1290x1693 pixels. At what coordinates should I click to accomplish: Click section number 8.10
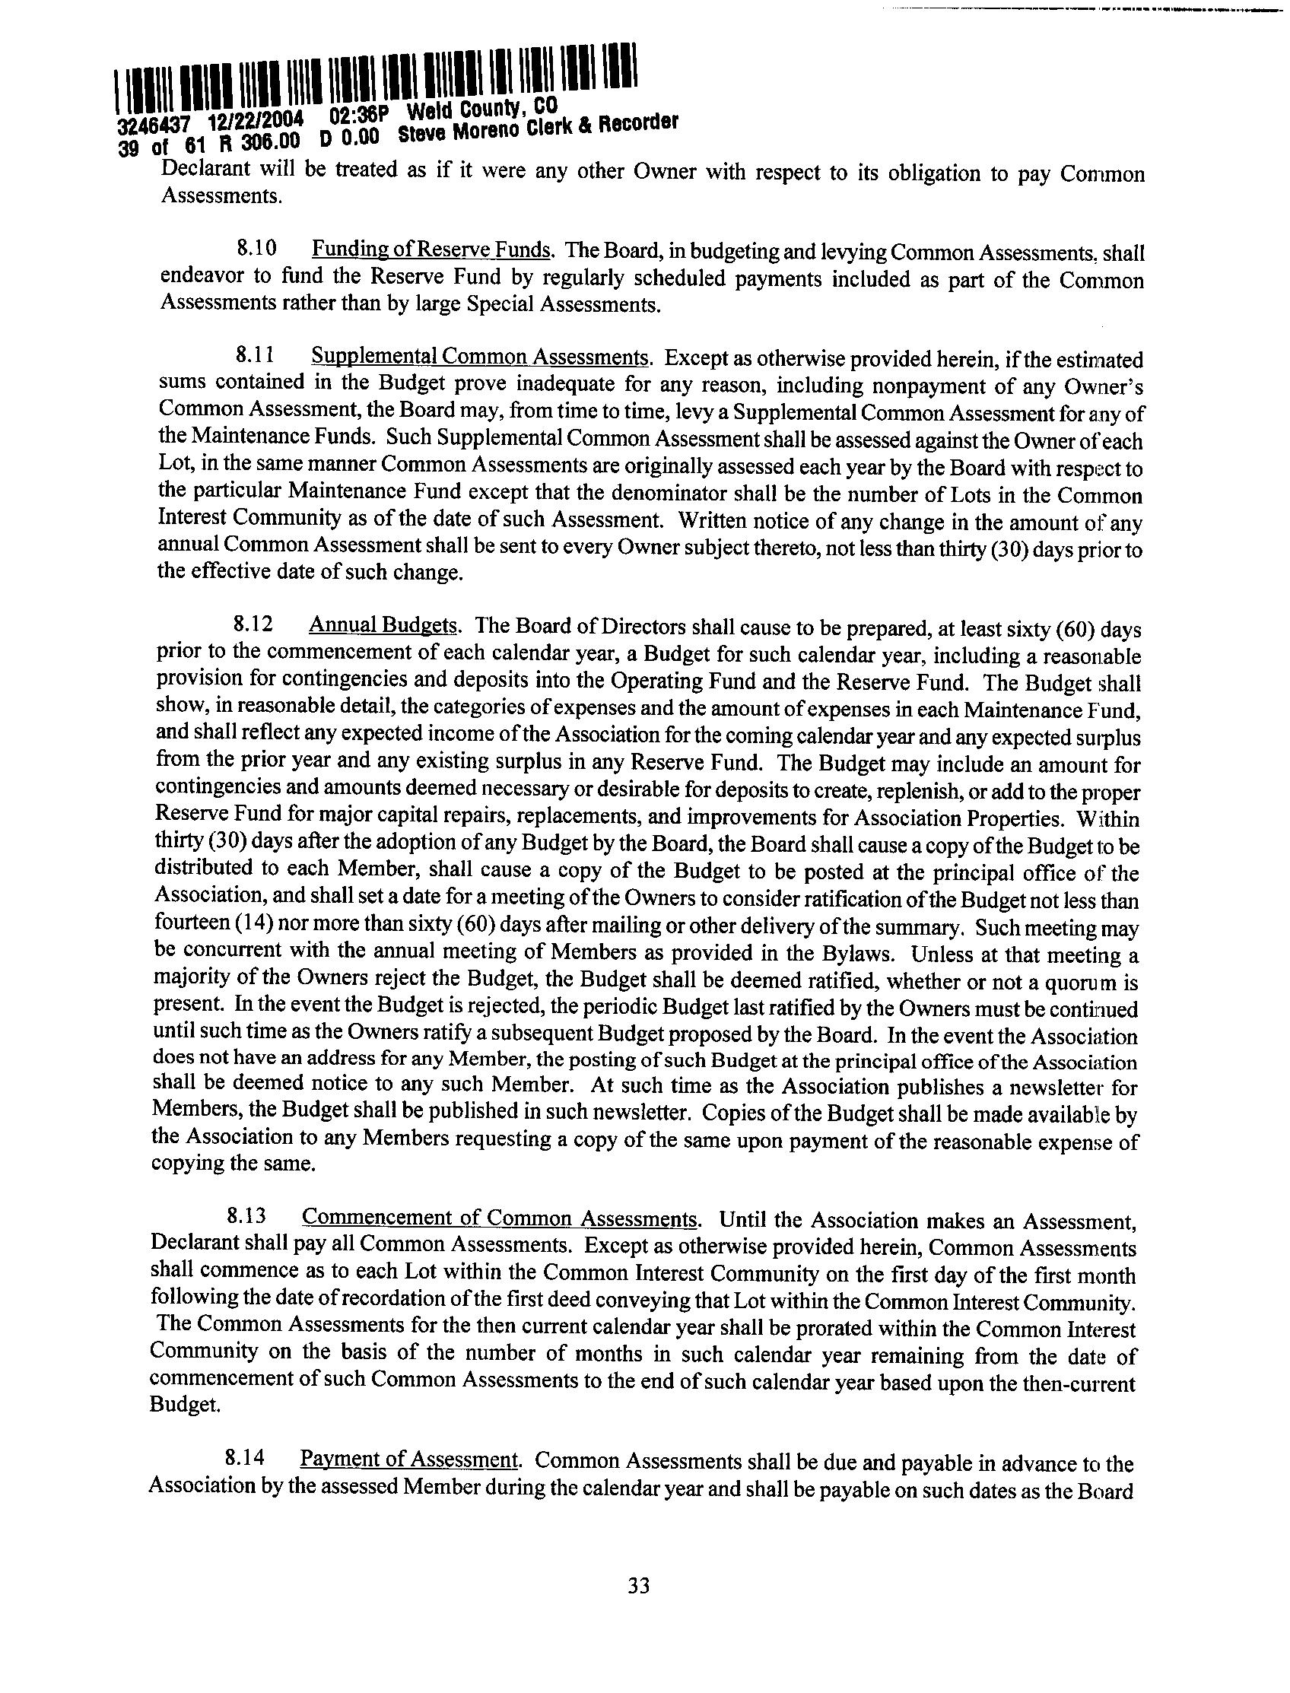coord(255,249)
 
